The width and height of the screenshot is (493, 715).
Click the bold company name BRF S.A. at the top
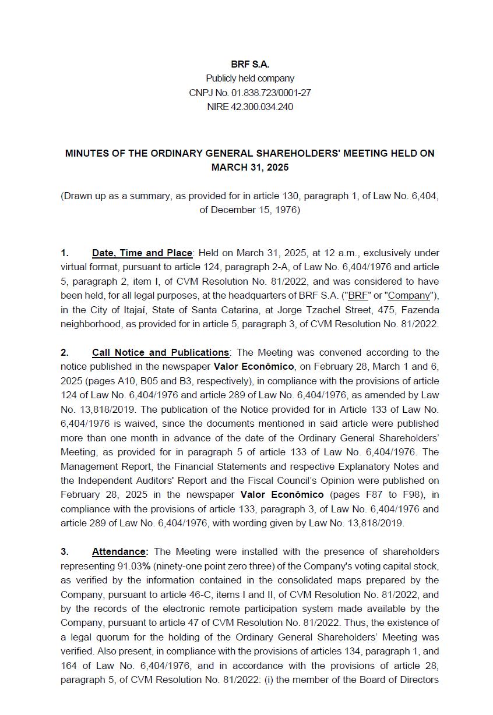pos(249,65)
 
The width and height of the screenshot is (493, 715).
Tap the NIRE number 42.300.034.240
pos(262,107)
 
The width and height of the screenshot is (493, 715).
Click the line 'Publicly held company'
pos(249,79)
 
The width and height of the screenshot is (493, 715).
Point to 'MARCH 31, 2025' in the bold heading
pos(249,168)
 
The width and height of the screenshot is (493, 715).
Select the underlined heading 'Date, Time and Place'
pos(142,253)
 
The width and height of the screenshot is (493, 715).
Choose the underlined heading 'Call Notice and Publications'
pos(160,353)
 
